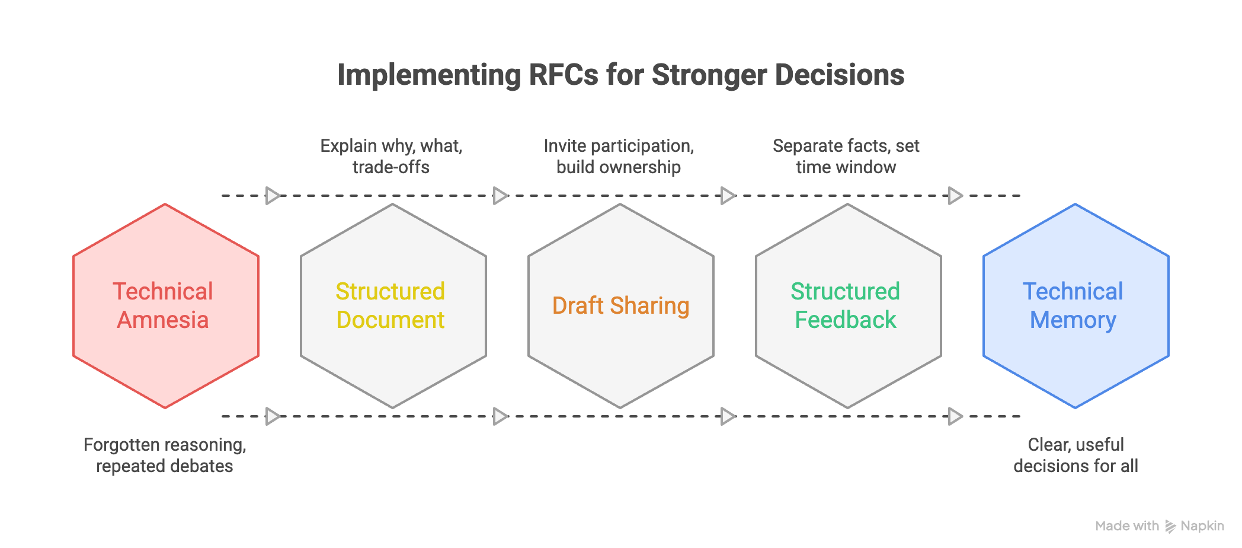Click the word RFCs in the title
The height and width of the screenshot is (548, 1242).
563,75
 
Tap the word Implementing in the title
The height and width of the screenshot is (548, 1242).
428,75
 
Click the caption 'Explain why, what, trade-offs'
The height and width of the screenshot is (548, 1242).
391,157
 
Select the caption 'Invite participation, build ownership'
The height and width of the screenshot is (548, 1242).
619,157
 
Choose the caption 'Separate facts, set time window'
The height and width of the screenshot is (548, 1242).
846,157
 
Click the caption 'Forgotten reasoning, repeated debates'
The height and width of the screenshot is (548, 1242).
165,455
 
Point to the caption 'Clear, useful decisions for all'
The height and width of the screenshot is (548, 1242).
1075,455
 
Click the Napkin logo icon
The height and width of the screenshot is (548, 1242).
1170,526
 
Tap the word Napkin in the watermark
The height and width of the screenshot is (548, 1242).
1202,526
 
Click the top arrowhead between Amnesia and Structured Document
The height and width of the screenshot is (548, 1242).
273,195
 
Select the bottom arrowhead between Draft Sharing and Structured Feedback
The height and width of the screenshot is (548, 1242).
728,416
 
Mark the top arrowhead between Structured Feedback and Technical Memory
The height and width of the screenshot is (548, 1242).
955,195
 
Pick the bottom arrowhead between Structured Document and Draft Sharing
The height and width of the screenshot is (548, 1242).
500,416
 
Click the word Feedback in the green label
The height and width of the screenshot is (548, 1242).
845,320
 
